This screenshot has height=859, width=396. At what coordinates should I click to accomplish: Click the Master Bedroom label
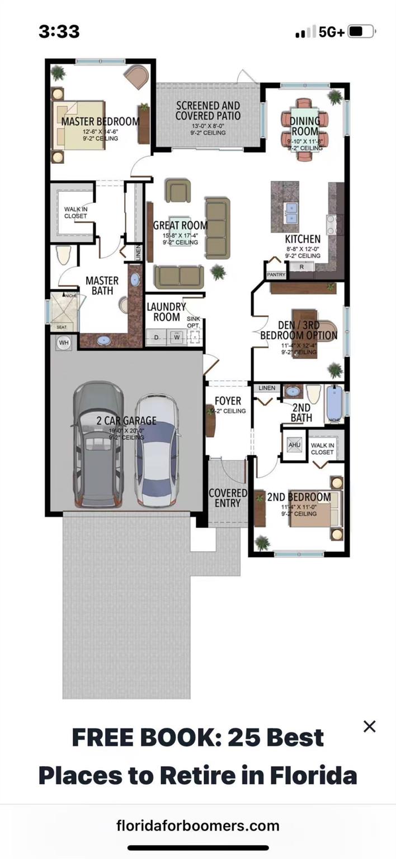(100, 121)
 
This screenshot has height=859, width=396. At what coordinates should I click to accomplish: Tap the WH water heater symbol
(63, 342)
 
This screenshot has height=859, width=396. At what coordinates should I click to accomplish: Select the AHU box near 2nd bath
(294, 445)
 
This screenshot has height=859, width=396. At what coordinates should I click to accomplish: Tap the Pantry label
(276, 275)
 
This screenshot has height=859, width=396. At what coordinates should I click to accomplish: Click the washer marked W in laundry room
(177, 337)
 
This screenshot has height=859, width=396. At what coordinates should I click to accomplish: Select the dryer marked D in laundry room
(157, 337)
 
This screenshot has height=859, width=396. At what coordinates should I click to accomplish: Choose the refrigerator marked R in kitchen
(301, 267)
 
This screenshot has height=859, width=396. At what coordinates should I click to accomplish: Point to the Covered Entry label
(228, 498)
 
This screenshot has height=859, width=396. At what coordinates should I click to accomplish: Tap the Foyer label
(228, 401)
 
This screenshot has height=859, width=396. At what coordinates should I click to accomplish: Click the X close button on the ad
(369, 726)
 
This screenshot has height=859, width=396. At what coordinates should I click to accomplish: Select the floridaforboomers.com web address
(197, 825)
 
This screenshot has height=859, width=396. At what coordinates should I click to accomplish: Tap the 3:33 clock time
(59, 32)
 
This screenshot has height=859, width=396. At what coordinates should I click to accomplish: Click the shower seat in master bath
(60, 327)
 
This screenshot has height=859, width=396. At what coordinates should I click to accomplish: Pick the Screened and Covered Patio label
(208, 111)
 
